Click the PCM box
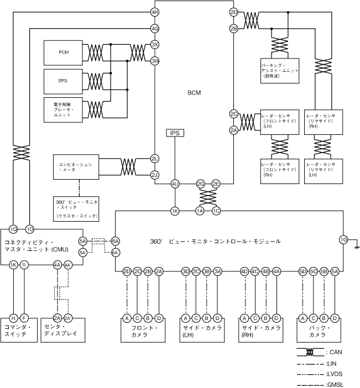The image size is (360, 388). point(63,52)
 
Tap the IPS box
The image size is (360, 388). point(175,133)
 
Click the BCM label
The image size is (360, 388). point(194,93)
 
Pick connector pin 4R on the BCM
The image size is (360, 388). point(155,12)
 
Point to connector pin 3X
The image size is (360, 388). point(155,45)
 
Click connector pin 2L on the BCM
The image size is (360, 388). point(155,159)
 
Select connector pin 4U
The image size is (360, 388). point(175,183)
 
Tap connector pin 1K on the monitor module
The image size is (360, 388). point(175,211)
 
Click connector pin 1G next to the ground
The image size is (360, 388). point(343,240)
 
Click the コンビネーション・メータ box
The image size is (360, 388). point(76,167)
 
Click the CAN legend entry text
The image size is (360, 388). point(335,352)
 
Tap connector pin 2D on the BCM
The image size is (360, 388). point(233,12)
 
